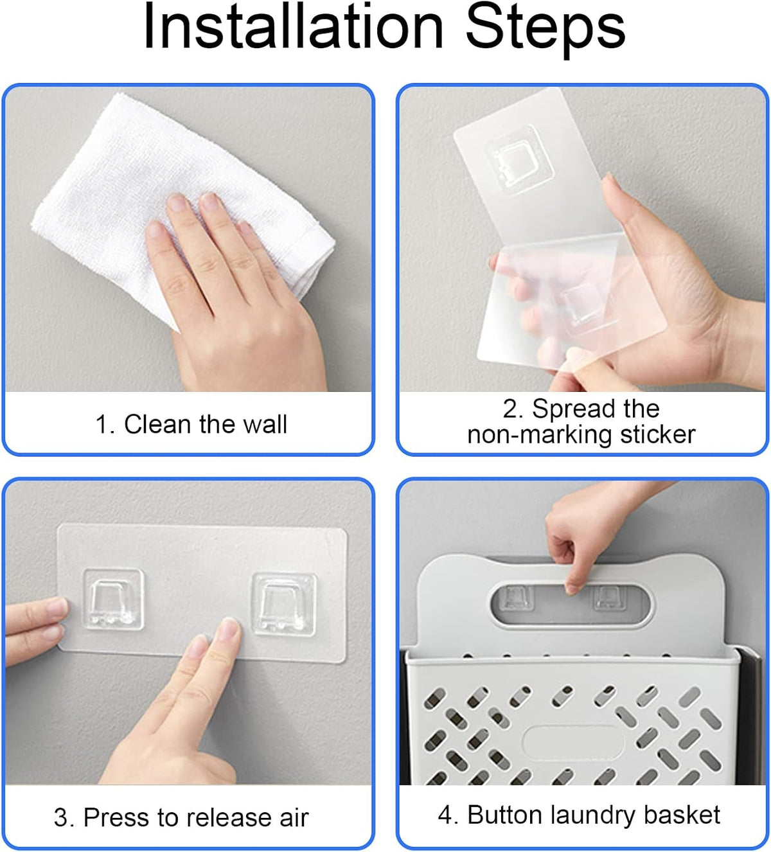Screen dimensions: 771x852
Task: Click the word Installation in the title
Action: coord(294,26)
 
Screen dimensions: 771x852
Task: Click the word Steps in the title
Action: coord(545,30)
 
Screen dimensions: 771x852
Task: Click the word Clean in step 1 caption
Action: coord(157,424)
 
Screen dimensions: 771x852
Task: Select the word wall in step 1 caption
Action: coord(265,424)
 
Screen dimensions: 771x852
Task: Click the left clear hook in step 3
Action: coord(113,600)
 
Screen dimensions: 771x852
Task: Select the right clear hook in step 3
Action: coord(283,605)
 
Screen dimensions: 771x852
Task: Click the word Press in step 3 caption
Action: coord(116,817)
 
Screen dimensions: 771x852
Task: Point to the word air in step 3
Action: coord(294,817)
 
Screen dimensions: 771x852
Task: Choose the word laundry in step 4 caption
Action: coord(593,816)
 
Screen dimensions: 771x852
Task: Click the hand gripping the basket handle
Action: coord(586,535)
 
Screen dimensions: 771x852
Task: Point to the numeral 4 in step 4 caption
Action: coord(445,815)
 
